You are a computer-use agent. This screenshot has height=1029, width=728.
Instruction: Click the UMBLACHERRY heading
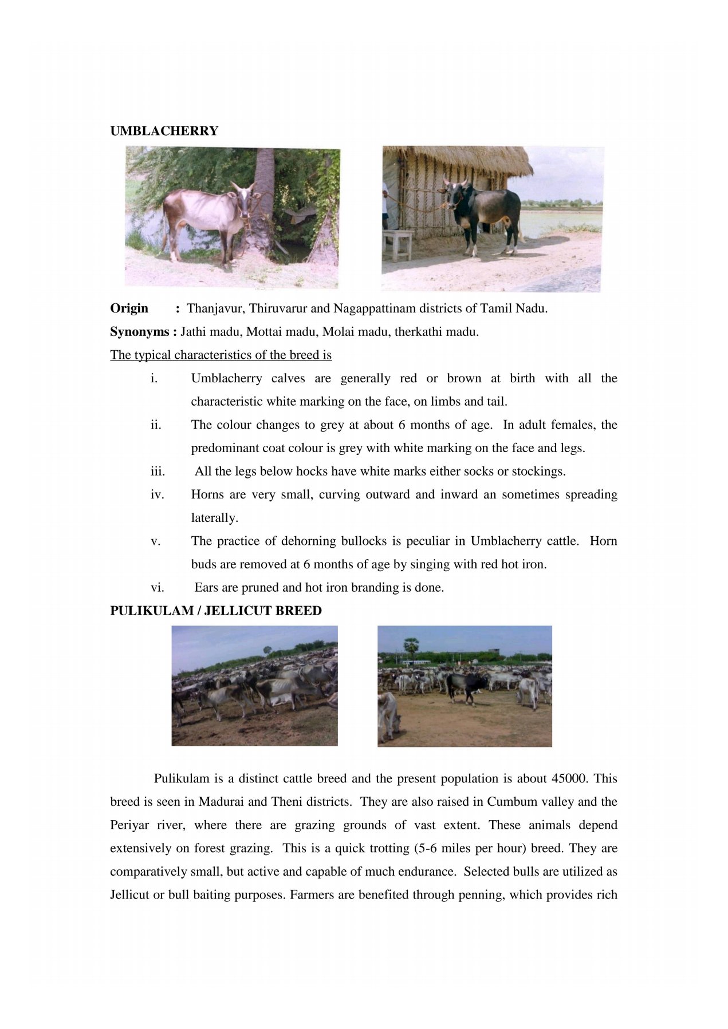[x=164, y=131]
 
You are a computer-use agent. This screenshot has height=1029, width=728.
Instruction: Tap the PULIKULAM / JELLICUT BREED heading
[x=215, y=611]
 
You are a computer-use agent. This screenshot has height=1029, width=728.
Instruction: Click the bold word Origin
[x=129, y=308]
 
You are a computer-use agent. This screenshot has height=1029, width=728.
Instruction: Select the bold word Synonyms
[x=140, y=332]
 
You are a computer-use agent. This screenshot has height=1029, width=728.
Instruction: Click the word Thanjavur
[x=215, y=308]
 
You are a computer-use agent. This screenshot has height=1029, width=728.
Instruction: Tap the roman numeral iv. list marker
[x=157, y=494]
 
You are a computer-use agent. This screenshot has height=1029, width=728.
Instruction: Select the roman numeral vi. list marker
[x=157, y=588]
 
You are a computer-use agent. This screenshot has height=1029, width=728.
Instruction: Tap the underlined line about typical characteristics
[x=221, y=355]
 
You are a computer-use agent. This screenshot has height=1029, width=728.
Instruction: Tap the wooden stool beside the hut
[x=398, y=243]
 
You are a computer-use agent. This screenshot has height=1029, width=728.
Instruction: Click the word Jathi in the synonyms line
[x=193, y=332]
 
